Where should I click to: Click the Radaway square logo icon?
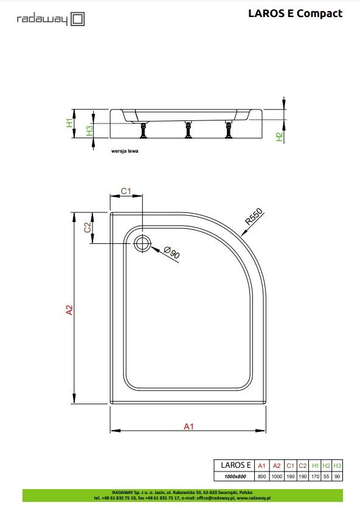tap(78, 19)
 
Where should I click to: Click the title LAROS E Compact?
tap(296, 13)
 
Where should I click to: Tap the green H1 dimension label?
tap(69, 123)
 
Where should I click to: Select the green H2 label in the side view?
tap(279, 137)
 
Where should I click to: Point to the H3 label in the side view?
tap(89, 131)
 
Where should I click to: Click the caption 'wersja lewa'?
tap(125, 151)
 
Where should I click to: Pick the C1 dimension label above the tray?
tap(126, 191)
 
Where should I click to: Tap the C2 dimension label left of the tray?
tap(88, 228)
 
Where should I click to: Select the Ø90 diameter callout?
tap(171, 252)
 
